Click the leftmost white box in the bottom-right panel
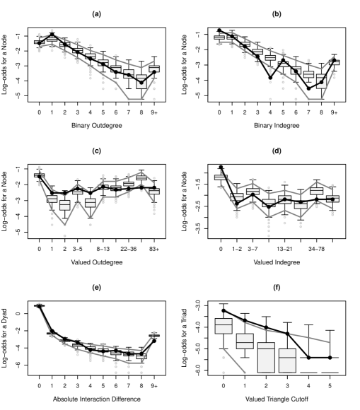click(x=223, y=326)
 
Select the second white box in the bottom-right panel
click(x=245, y=341)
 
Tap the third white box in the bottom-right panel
click(x=266, y=357)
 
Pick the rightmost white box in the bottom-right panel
click(x=287, y=361)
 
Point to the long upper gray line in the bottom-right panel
click(x=283, y=332)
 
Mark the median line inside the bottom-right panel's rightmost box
click(x=287, y=358)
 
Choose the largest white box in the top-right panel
click(x=321, y=81)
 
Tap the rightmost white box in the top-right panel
click(x=335, y=62)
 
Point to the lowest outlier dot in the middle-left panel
click(x=64, y=235)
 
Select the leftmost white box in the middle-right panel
click(x=219, y=177)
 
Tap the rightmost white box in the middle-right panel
click(x=333, y=199)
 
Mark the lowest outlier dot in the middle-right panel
click(x=269, y=235)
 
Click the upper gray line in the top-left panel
click(x=99, y=51)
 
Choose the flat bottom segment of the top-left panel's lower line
click(x=134, y=100)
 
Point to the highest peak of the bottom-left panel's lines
click(x=39, y=305)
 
